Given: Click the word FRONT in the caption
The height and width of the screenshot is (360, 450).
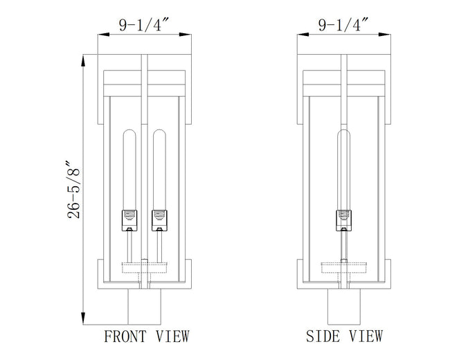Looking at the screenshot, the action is click(125, 336).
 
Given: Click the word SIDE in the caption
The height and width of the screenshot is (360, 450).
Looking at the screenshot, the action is click(323, 336).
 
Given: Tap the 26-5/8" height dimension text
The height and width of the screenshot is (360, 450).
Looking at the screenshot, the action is click(73, 190).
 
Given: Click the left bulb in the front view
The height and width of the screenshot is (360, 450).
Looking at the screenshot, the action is click(129, 170).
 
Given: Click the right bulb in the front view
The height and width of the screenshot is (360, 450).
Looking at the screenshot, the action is click(159, 170).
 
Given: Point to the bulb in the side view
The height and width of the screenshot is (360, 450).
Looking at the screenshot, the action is click(344, 170).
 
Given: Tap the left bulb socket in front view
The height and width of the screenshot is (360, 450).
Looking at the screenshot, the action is click(129, 220).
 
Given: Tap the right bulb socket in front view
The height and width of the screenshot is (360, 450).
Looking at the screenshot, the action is click(159, 220).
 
